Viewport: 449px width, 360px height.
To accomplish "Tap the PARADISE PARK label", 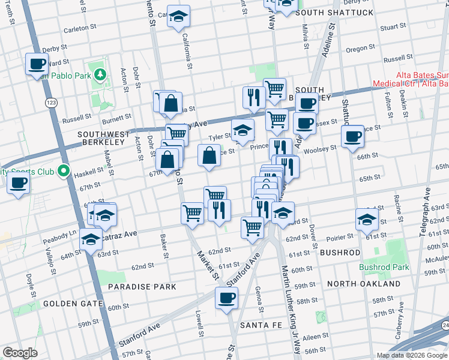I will tap(142, 287).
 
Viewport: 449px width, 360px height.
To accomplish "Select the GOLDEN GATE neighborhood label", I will tap(73, 304).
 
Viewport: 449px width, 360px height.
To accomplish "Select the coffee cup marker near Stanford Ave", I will tap(226, 298).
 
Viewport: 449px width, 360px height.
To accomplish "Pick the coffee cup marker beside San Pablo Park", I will tap(37, 64).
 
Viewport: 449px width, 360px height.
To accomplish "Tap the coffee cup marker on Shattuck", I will tap(352, 136).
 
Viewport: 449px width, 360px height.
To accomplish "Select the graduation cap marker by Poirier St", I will tap(366, 220).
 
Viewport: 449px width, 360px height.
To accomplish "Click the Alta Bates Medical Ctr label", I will tap(411, 80).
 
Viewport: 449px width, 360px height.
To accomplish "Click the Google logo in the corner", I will tap(19, 353).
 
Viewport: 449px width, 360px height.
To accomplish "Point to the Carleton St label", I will tap(79, 28).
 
